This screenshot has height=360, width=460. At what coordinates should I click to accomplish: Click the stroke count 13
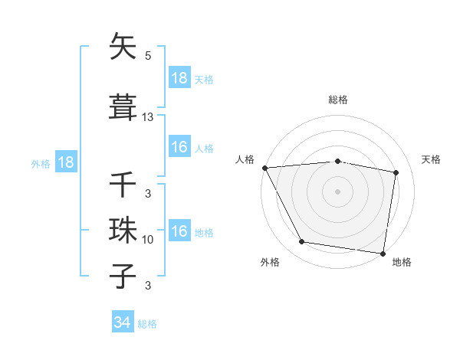tap(148, 117)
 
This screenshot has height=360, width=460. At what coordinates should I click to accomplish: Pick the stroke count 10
tap(148, 240)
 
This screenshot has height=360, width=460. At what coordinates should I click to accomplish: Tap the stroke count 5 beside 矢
tap(148, 56)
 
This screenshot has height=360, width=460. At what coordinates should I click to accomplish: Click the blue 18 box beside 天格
tap(179, 78)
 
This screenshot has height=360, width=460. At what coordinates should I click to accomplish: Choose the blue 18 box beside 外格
tap(65, 162)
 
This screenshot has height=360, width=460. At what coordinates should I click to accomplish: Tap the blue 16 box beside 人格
tap(179, 147)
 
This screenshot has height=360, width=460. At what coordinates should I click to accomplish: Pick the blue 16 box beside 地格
tap(179, 231)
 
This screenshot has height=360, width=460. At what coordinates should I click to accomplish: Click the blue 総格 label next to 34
tap(147, 324)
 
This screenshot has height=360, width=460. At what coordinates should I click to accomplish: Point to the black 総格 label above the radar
tap(337, 100)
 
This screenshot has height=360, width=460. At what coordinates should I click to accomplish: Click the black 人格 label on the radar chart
tap(245, 159)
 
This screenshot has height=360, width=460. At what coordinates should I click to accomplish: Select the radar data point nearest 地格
tap(383, 253)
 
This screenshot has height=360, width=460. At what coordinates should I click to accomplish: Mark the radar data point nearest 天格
tap(396, 172)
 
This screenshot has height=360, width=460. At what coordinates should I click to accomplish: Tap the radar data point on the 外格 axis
tap(302, 242)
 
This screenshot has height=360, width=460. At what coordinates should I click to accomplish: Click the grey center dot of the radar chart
tap(337, 191)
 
